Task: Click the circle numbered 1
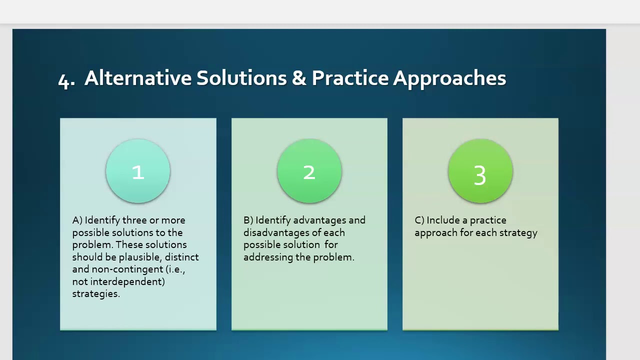tap(138, 171)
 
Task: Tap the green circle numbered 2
tap(309, 171)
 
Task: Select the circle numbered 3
tap(480, 171)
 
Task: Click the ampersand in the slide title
tap(299, 78)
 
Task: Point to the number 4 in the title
tap(64, 80)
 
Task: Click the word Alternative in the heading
tap(138, 78)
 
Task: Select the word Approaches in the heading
tap(449, 79)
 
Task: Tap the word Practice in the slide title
tap(350, 78)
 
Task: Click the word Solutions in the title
tap(241, 78)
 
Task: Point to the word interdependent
tap(127, 282)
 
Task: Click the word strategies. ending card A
tap(96, 294)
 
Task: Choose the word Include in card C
tap(443, 220)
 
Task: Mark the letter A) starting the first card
tap(77, 220)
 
